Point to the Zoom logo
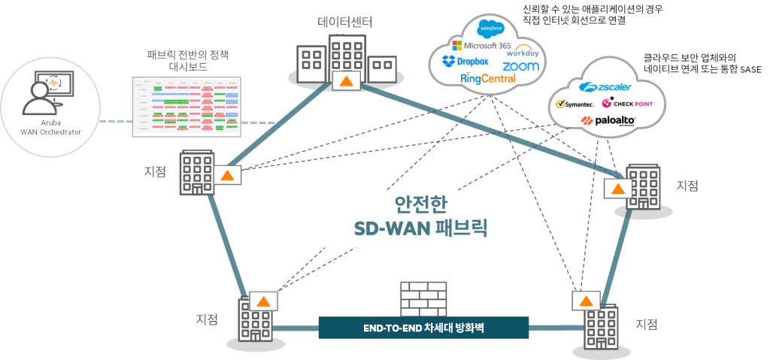click(x=521, y=66)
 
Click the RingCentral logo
click(x=488, y=78)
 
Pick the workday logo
click(x=523, y=53)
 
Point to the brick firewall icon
click(x=423, y=298)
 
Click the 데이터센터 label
click(x=344, y=22)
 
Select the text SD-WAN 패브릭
click(x=421, y=228)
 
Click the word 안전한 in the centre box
click(x=421, y=203)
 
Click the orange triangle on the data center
click(x=345, y=81)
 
